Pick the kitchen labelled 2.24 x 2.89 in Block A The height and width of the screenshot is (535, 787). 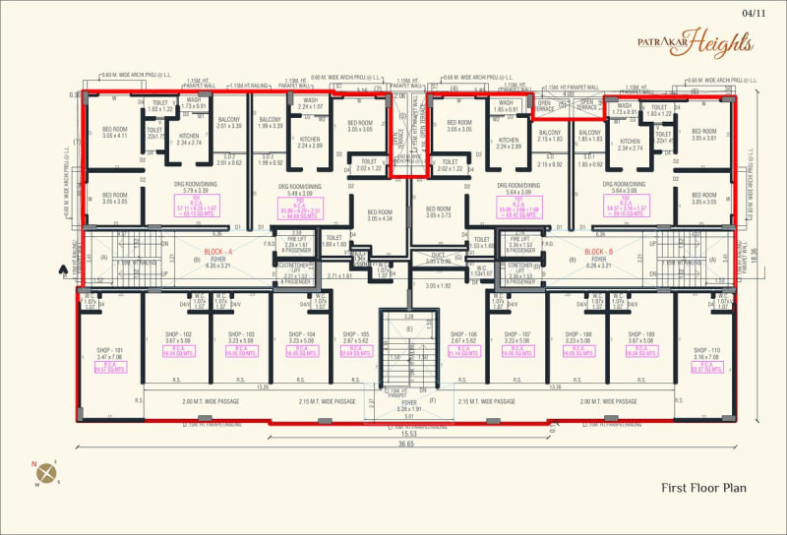click(x=310, y=143)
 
